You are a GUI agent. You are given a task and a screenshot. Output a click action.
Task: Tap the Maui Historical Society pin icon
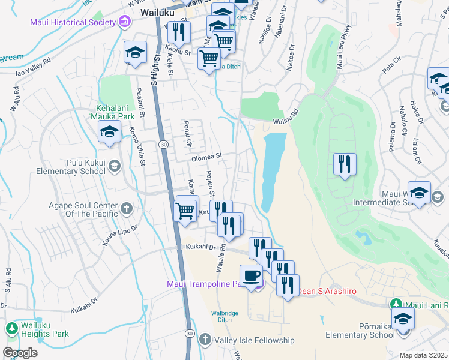(124, 23)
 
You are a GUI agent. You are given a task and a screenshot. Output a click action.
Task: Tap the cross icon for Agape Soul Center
(127, 208)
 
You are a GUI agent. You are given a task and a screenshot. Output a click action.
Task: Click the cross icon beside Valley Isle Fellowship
(205, 340)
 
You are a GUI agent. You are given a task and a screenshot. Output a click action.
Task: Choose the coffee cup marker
(251, 275)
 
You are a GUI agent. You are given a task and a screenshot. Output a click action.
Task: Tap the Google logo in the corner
(20, 353)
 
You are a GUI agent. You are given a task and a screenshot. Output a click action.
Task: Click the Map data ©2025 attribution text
(423, 355)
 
